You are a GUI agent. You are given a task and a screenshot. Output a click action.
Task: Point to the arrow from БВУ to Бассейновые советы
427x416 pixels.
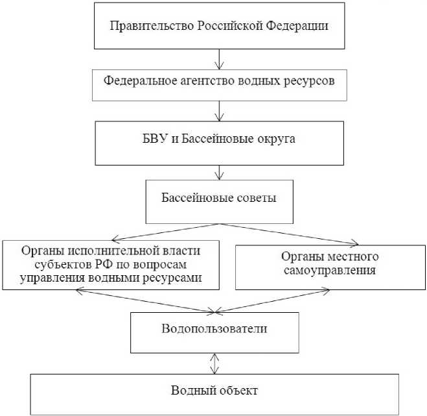(222, 171)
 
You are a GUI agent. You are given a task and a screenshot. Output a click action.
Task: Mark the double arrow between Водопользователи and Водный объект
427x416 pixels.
(213, 362)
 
